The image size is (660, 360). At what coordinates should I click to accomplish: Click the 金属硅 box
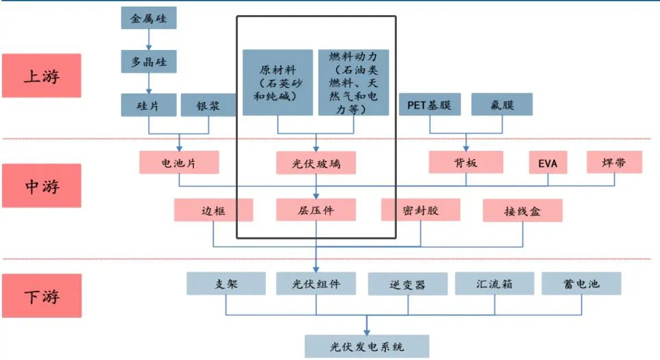click(149, 18)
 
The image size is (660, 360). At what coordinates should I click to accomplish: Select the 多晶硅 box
click(149, 62)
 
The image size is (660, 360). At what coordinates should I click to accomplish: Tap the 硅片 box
click(149, 105)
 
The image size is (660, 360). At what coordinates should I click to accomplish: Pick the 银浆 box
click(208, 105)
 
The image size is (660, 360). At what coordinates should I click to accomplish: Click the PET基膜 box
click(429, 105)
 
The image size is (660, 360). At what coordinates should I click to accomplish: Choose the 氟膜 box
click(502, 105)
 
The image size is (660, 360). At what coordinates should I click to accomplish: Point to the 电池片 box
click(179, 163)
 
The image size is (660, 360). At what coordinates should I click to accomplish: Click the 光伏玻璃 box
click(316, 163)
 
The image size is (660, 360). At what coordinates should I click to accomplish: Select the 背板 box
click(466, 163)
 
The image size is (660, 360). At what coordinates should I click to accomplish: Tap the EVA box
click(548, 163)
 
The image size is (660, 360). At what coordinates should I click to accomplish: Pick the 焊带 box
click(615, 163)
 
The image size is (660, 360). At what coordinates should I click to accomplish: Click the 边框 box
click(213, 210)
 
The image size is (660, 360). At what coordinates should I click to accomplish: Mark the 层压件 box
click(316, 210)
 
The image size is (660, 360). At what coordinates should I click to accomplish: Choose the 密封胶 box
click(420, 210)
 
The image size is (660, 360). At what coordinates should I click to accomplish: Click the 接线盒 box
click(522, 211)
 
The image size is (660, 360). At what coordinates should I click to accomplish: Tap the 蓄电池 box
click(581, 283)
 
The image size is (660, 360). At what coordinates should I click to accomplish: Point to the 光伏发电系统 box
click(367, 346)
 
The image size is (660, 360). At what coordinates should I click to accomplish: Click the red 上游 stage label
click(42, 75)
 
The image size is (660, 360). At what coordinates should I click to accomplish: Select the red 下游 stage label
click(42, 296)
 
